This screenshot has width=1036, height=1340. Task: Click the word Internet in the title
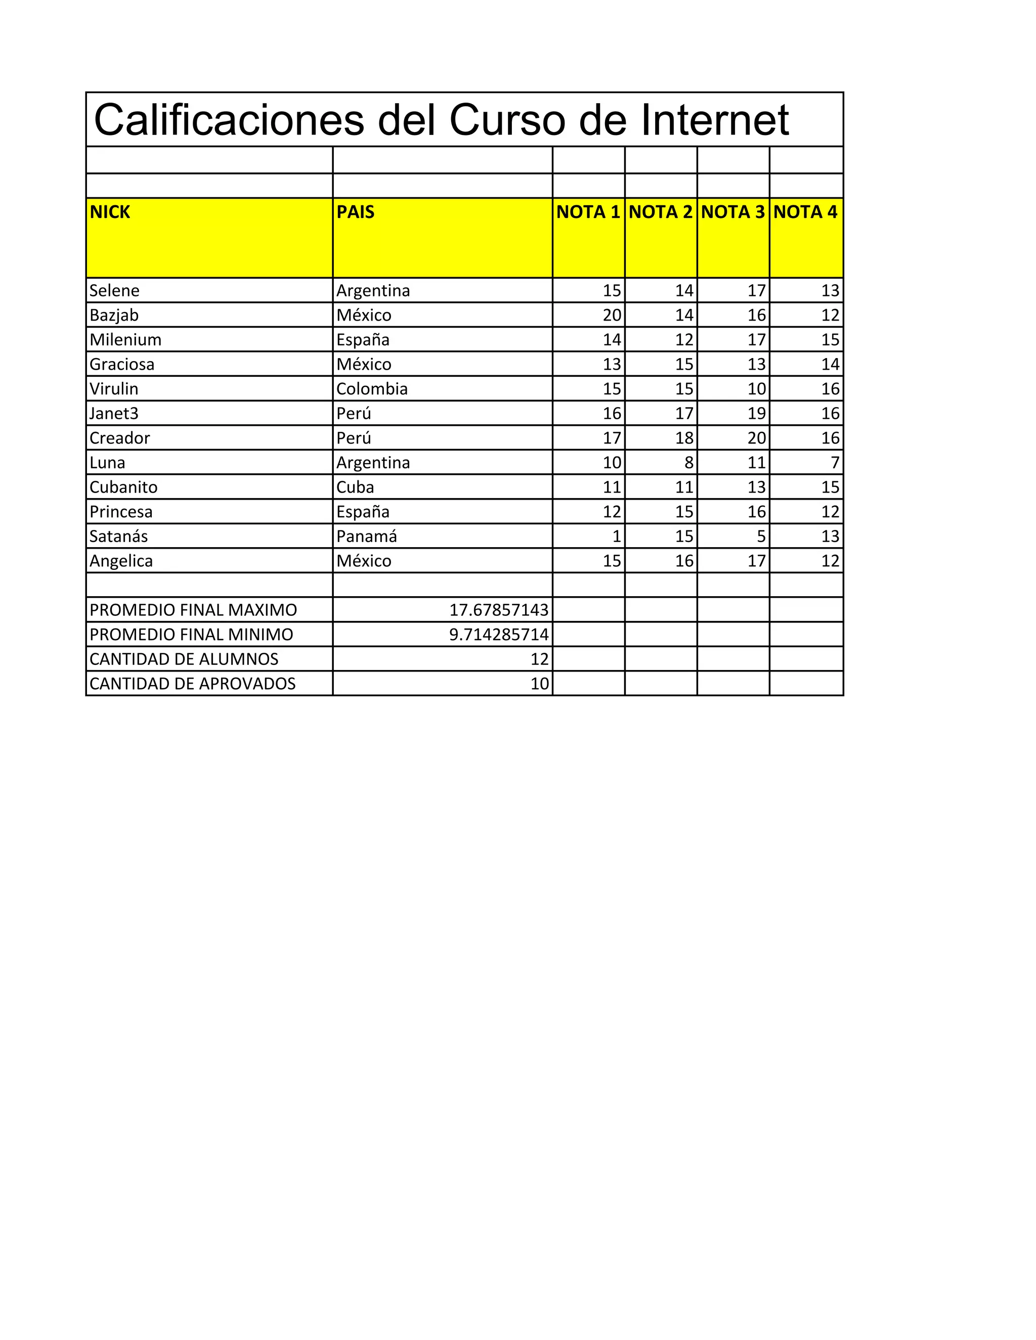(714, 120)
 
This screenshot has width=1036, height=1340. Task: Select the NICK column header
(110, 212)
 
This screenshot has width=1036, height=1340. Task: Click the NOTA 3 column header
(733, 212)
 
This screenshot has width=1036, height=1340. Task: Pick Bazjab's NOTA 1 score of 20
(612, 316)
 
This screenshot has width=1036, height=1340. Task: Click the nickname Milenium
(125, 340)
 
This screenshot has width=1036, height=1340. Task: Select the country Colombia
(372, 389)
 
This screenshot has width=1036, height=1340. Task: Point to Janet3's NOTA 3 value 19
(757, 414)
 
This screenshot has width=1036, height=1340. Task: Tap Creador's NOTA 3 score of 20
(757, 438)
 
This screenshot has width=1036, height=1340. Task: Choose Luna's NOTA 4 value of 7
(835, 463)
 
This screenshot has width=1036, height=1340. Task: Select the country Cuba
(355, 487)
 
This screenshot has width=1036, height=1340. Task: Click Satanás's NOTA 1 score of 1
(617, 536)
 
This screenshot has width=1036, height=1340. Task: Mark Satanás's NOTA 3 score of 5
(761, 536)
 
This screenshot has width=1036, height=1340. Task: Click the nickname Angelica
(121, 561)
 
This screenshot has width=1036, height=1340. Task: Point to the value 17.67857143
(499, 610)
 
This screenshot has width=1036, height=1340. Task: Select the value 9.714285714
(499, 635)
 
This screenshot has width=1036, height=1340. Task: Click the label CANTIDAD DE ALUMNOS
(184, 659)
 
